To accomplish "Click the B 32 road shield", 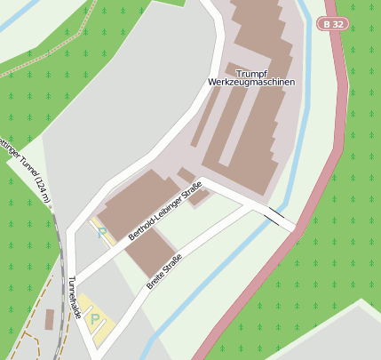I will click(x=333, y=25).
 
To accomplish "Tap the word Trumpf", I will click(x=250, y=71).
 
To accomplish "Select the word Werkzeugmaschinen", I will click(x=250, y=82).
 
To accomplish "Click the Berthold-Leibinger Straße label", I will click(x=166, y=211).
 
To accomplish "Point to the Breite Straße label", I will click(x=168, y=270).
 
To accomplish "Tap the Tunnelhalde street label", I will click(x=75, y=297).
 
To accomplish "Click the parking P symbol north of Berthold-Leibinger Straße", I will click(x=101, y=233).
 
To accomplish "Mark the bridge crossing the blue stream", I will click(x=277, y=216).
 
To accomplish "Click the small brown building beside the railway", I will click(x=48, y=318).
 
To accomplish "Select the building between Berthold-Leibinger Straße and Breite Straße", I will click(x=149, y=251).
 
